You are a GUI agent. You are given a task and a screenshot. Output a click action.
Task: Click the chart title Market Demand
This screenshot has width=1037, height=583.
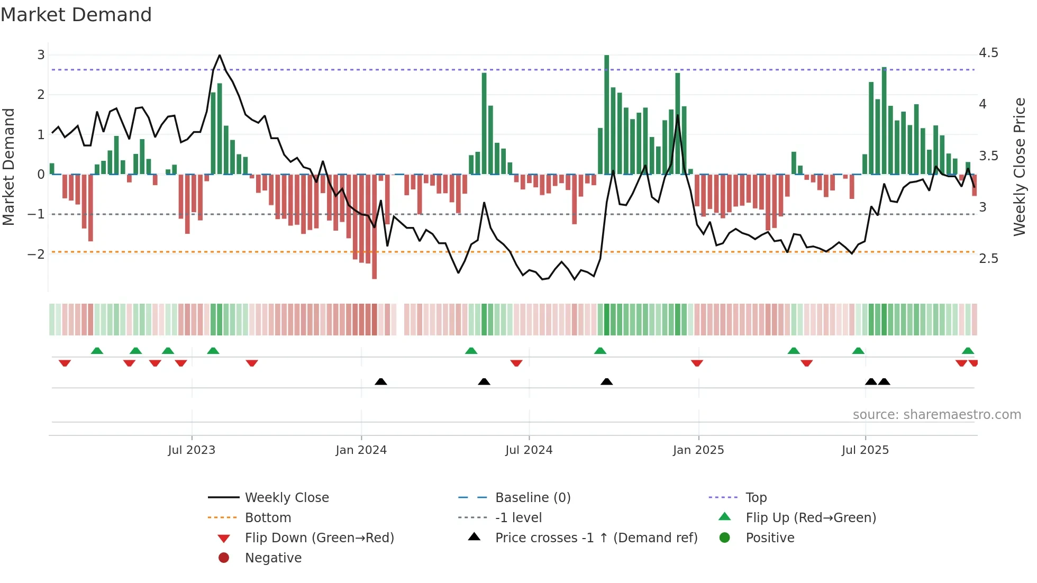(x=76, y=15)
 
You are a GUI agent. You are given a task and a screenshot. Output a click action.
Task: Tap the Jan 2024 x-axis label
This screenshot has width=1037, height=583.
(x=361, y=450)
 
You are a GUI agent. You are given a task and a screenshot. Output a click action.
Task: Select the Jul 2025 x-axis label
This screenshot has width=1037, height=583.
(x=865, y=450)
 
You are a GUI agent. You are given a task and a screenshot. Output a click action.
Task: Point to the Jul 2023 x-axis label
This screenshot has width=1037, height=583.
(x=192, y=450)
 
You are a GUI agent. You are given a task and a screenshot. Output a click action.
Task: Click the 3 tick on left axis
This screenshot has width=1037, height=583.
(x=41, y=54)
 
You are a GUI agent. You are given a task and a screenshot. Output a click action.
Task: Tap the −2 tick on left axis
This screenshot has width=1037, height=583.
(x=37, y=254)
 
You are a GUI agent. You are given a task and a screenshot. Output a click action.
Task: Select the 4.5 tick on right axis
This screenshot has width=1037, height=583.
(x=988, y=53)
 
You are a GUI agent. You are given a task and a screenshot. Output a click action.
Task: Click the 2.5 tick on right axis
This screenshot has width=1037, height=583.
(x=988, y=259)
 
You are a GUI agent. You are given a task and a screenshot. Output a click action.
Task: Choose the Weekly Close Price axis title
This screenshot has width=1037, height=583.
(x=1019, y=167)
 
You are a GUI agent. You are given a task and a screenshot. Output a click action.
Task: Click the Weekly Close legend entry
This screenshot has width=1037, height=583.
(x=287, y=498)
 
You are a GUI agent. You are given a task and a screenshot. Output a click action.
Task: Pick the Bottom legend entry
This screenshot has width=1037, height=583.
(x=268, y=518)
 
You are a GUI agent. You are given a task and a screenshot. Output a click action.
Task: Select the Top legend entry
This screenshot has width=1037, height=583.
(x=756, y=498)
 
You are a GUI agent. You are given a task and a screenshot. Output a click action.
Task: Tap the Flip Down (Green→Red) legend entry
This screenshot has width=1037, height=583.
(x=319, y=538)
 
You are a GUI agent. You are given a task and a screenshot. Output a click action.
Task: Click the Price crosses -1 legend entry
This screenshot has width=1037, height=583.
(x=596, y=538)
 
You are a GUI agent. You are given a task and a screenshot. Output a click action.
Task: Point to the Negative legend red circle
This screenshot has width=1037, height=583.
(x=224, y=558)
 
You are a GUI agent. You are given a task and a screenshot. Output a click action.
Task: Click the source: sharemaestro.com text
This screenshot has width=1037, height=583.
(x=936, y=415)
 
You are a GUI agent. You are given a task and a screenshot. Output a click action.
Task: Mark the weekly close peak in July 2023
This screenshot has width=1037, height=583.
(x=220, y=55)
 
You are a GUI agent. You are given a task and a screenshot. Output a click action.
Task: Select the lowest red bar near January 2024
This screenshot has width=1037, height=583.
(x=375, y=275)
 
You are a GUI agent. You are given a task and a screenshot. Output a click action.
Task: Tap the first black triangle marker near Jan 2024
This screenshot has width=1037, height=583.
(x=381, y=381)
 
